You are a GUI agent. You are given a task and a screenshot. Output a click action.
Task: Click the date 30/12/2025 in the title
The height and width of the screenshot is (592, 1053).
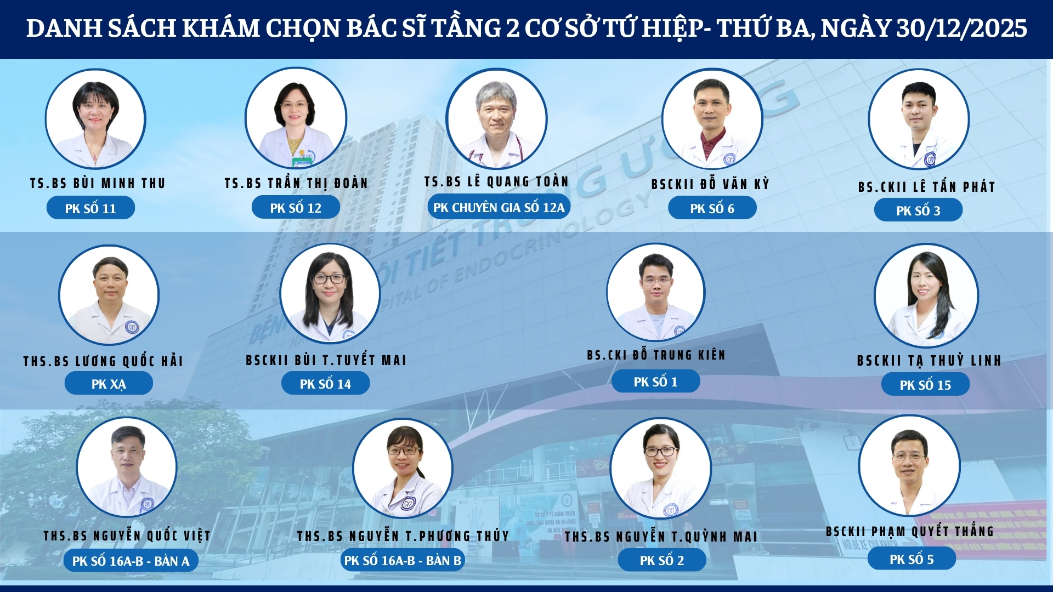coord(961,29)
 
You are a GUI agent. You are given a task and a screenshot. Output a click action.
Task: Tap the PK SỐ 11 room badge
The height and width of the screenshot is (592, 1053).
coord(90,208)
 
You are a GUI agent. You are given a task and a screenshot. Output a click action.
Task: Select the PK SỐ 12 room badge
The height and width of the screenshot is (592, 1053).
coord(296,208)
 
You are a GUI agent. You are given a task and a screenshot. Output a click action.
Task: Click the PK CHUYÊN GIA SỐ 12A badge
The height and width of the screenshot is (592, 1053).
coord(499,208)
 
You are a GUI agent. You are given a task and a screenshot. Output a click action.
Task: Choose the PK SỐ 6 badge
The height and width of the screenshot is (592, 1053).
coord(712,208)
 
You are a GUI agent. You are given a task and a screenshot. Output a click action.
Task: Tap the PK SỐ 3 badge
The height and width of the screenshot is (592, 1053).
coord(918,210)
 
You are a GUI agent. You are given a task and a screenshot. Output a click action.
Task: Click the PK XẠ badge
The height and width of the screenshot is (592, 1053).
coord(109,384)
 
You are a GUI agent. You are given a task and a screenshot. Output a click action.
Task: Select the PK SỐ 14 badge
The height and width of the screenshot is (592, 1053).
coord(325,384)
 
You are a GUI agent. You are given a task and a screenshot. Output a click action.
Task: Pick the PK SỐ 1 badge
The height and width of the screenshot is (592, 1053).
coord(655,382)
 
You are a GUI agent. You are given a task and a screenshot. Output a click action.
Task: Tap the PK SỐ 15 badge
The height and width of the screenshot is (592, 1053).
coord(925,385)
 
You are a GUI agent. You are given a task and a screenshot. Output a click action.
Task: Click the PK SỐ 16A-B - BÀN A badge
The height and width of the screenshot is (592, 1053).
coord(131,561)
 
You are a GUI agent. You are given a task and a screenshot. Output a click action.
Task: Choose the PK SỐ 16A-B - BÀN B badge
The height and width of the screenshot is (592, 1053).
coord(403,560)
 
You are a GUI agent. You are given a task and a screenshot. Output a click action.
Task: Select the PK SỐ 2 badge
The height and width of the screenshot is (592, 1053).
coord(661,560)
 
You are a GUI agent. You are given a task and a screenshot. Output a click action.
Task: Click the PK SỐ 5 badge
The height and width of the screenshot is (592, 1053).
coord(912,559)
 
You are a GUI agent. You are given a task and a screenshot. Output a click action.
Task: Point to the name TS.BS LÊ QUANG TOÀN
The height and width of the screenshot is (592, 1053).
coord(496,181)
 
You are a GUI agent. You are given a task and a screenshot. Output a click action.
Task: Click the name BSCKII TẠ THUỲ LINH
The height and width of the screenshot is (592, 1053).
coord(929,361)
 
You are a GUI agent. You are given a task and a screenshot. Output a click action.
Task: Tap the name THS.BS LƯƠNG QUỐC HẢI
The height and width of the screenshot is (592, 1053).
coord(103,361)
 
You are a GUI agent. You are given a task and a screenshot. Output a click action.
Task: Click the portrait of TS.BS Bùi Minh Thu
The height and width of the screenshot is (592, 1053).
coord(95,119)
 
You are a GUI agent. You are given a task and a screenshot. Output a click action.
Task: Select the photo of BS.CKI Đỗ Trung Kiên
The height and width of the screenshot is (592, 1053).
coord(655,293)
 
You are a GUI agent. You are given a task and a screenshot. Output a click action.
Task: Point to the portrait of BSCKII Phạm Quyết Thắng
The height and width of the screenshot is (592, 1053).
coord(909,466)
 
